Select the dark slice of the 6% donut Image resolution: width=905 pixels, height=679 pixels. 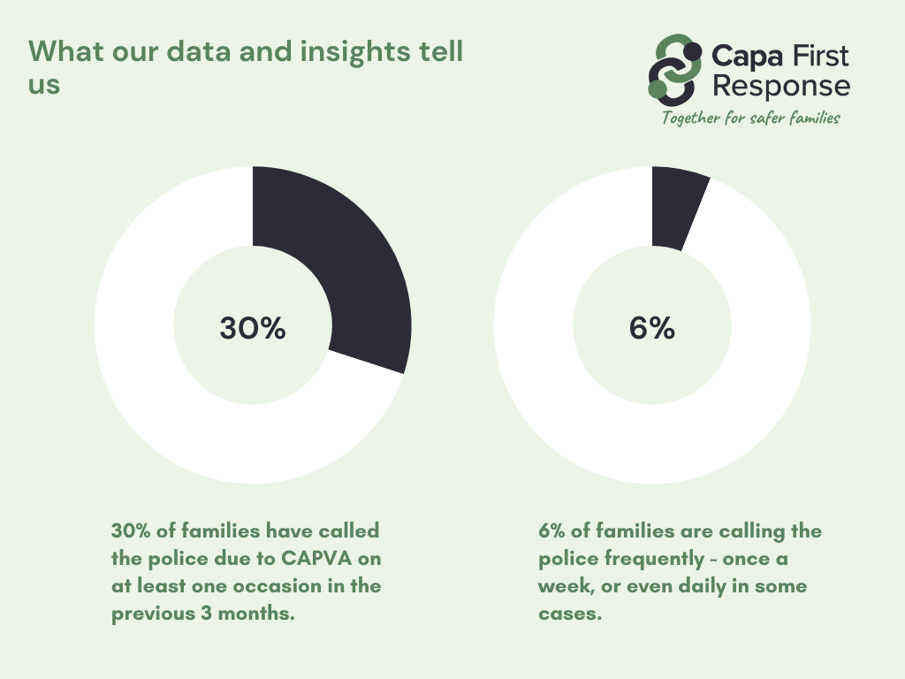coord(677,208)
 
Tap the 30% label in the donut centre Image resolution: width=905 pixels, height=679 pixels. coord(253,328)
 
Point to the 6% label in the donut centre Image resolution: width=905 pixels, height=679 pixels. coord(652,328)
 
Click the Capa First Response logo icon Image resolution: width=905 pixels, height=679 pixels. coord(675,65)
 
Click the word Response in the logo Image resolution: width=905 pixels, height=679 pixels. coord(781,87)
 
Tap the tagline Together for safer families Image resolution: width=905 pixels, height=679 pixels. coord(751,118)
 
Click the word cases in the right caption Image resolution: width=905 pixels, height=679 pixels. coord(569,614)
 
